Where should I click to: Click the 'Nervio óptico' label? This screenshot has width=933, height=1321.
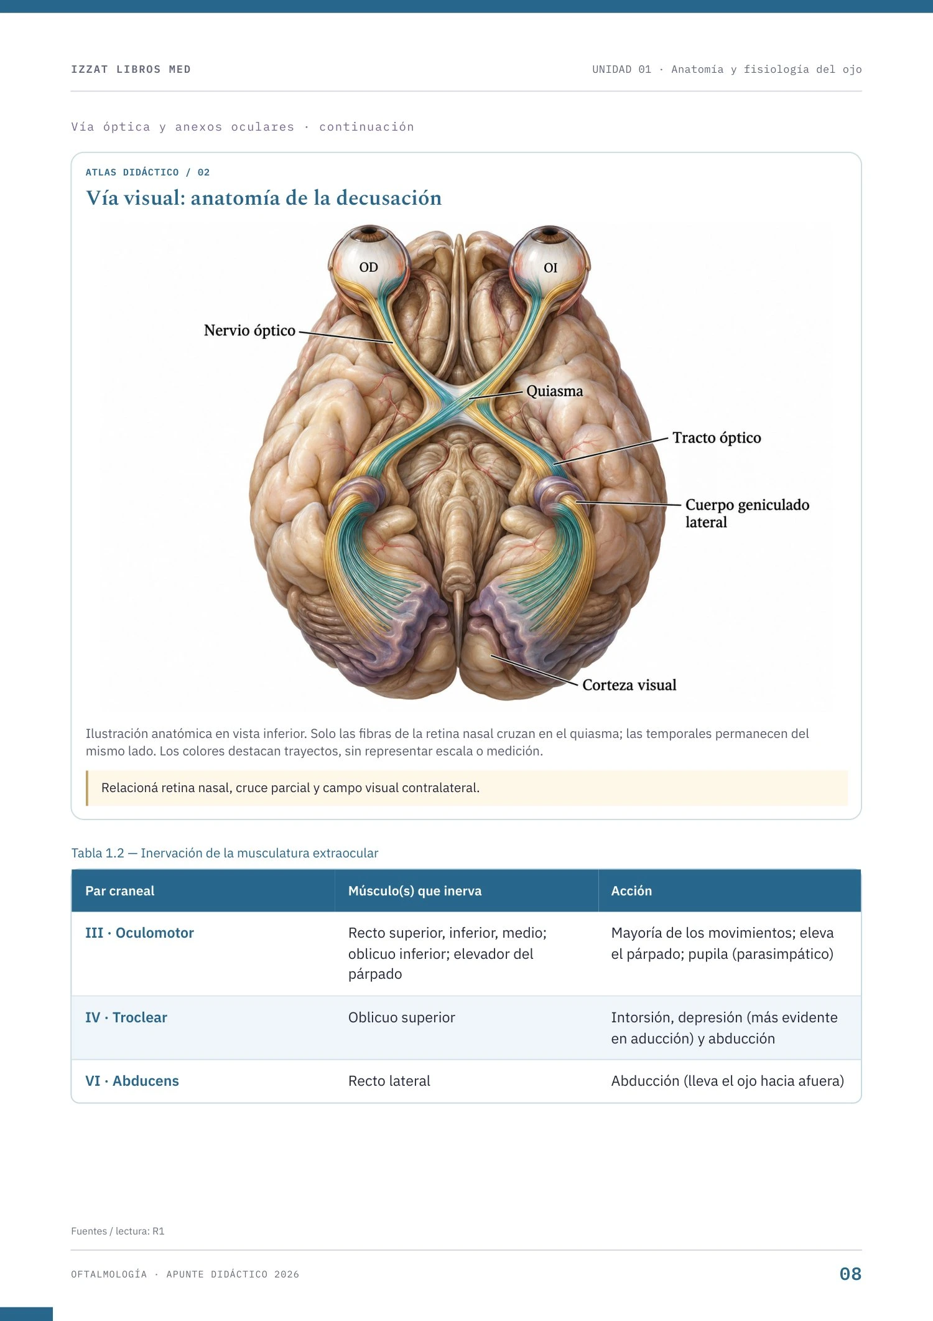click(249, 330)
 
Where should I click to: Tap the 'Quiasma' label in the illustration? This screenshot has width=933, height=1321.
click(555, 391)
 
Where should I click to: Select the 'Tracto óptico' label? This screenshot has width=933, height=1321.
click(717, 438)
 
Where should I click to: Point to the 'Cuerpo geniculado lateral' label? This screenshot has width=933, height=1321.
click(747, 513)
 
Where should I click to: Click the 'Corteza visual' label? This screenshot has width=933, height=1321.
click(629, 685)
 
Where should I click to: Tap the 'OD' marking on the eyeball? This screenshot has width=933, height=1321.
click(369, 268)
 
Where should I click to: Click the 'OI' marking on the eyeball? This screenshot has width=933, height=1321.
click(550, 268)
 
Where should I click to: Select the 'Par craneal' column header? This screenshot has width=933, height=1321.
click(120, 891)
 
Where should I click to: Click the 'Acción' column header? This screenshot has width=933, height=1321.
click(631, 891)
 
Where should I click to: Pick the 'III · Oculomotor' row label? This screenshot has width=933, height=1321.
click(139, 933)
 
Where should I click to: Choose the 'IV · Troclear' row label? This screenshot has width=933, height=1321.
click(126, 1017)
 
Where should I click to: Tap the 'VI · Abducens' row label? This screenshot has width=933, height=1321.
click(132, 1081)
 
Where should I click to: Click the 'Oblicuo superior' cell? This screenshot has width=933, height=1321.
click(402, 1017)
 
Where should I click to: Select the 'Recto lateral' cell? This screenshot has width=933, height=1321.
click(389, 1081)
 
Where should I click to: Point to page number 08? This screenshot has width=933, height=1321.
click(850, 1274)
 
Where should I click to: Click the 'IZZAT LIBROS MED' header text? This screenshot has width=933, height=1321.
click(131, 69)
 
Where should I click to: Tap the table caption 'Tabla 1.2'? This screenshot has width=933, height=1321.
click(98, 853)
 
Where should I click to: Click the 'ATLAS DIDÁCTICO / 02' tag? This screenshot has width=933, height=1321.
click(147, 172)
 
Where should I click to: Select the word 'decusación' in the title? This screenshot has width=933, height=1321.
click(389, 198)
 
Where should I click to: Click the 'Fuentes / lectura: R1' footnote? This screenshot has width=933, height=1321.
click(118, 1231)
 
